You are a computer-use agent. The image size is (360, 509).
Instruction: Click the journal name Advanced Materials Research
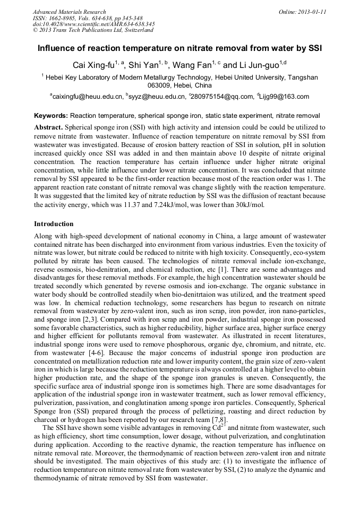[x=69, y=12]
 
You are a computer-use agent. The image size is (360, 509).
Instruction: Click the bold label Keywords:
[x=51, y=115]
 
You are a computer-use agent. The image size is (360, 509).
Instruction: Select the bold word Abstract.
[x=48, y=128]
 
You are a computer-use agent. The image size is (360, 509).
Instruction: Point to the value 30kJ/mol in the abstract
[x=246, y=205]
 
